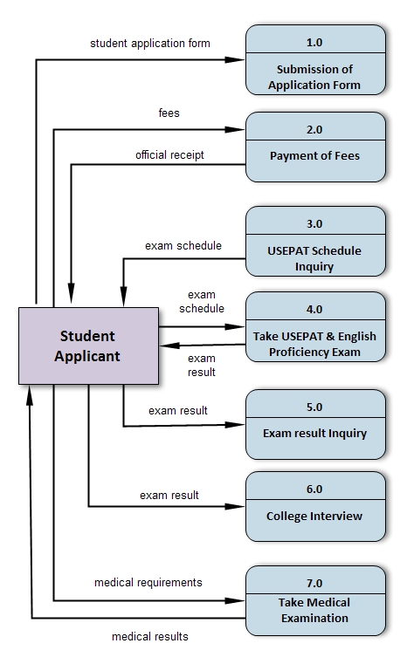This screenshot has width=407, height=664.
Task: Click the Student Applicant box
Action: pyautogui.click(x=88, y=346)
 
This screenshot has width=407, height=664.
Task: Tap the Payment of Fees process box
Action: pyautogui.click(x=314, y=147)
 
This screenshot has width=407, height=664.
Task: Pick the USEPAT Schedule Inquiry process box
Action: pyautogui.click(x=314, y=242)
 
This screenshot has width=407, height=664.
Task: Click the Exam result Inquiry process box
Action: pyautogui.click(x=314, y=424)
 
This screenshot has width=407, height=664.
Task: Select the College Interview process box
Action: pyautogui.click(x=314, y=508)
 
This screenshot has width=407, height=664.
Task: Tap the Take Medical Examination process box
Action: pyautogui.click(x=314, y=601)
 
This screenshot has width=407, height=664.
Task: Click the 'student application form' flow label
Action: pyautogui.click(x=150, y=43)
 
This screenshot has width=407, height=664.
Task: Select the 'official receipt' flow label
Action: pyautogui.click(x=169, y=155)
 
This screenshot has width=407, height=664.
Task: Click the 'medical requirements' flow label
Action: pyautogui.click(x=148, y=582)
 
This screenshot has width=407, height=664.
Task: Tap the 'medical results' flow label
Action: pyautogui.click(x=149, y=636)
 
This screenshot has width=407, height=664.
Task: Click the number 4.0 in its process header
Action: pyautogui.click(x=314, y=309)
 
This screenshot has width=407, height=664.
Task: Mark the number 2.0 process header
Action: pyautogui.click(x=314, y=129)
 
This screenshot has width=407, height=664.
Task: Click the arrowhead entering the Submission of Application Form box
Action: pyautogui.click(x=238, y=60)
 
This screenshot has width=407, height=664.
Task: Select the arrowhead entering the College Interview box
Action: pyautogui.click(x=238, y=505)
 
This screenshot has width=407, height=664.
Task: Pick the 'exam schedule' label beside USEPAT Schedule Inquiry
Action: pyautogui.click(x=183, y=246)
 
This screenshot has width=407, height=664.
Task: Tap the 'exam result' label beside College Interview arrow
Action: pyautogui.click(x=169, y=496)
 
